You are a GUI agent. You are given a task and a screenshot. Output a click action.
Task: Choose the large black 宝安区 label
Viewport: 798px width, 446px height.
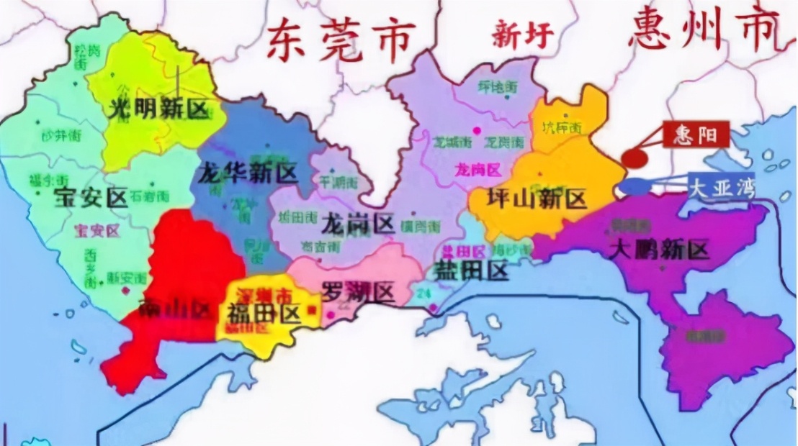pos(91,196)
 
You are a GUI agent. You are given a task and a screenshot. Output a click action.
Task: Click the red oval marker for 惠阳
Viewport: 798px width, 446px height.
pos(635,158)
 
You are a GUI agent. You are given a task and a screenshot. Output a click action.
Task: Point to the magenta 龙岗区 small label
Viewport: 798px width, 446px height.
pos(478,170)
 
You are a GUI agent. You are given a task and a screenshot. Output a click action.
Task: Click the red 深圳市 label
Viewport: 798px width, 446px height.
pos(254,296)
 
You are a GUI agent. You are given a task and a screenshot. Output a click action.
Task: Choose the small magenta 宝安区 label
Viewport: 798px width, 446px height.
pos(97,230)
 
